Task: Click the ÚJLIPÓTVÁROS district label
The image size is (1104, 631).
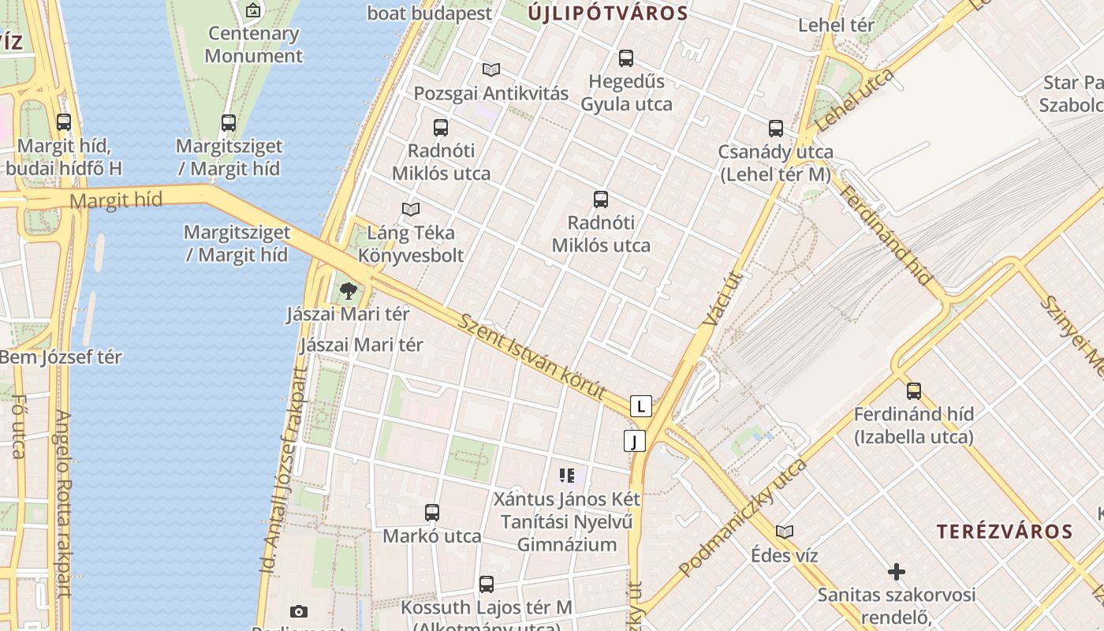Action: pos(608,13)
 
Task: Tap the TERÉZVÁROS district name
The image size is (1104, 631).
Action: pos(1005,532)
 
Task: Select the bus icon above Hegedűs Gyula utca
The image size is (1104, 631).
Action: pos(626,58)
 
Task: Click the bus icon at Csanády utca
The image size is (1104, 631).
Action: pos(776,129)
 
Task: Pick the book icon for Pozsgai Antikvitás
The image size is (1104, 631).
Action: pos(491,70)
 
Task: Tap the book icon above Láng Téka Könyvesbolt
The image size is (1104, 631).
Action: pos(410,210)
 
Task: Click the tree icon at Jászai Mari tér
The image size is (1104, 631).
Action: pos(348,292)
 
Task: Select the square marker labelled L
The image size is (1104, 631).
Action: pos(641,406)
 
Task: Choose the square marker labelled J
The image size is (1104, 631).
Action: pos(635,441)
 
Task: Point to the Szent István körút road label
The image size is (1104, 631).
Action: pos(532,357)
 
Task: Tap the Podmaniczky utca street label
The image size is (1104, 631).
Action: pos(743,517)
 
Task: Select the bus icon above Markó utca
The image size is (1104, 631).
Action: pos(432,513)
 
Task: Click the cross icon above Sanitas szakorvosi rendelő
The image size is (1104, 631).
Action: pos(896,571)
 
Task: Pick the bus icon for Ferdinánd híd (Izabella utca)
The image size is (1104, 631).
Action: pos(914,390)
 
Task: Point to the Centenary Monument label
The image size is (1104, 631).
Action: pos(253,45)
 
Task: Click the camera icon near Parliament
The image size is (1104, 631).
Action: pos(299,611)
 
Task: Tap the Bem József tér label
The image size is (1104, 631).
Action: pos(61,357)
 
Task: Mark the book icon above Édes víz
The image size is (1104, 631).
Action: pos(784,532)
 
